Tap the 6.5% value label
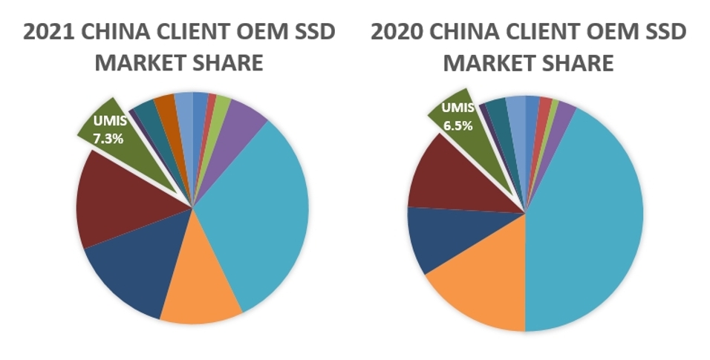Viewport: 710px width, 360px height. click(x=457, y=125)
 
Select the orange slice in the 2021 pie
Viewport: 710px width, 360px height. click(x=201, y=301)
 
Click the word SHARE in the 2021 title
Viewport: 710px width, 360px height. click(x=227, y=62)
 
